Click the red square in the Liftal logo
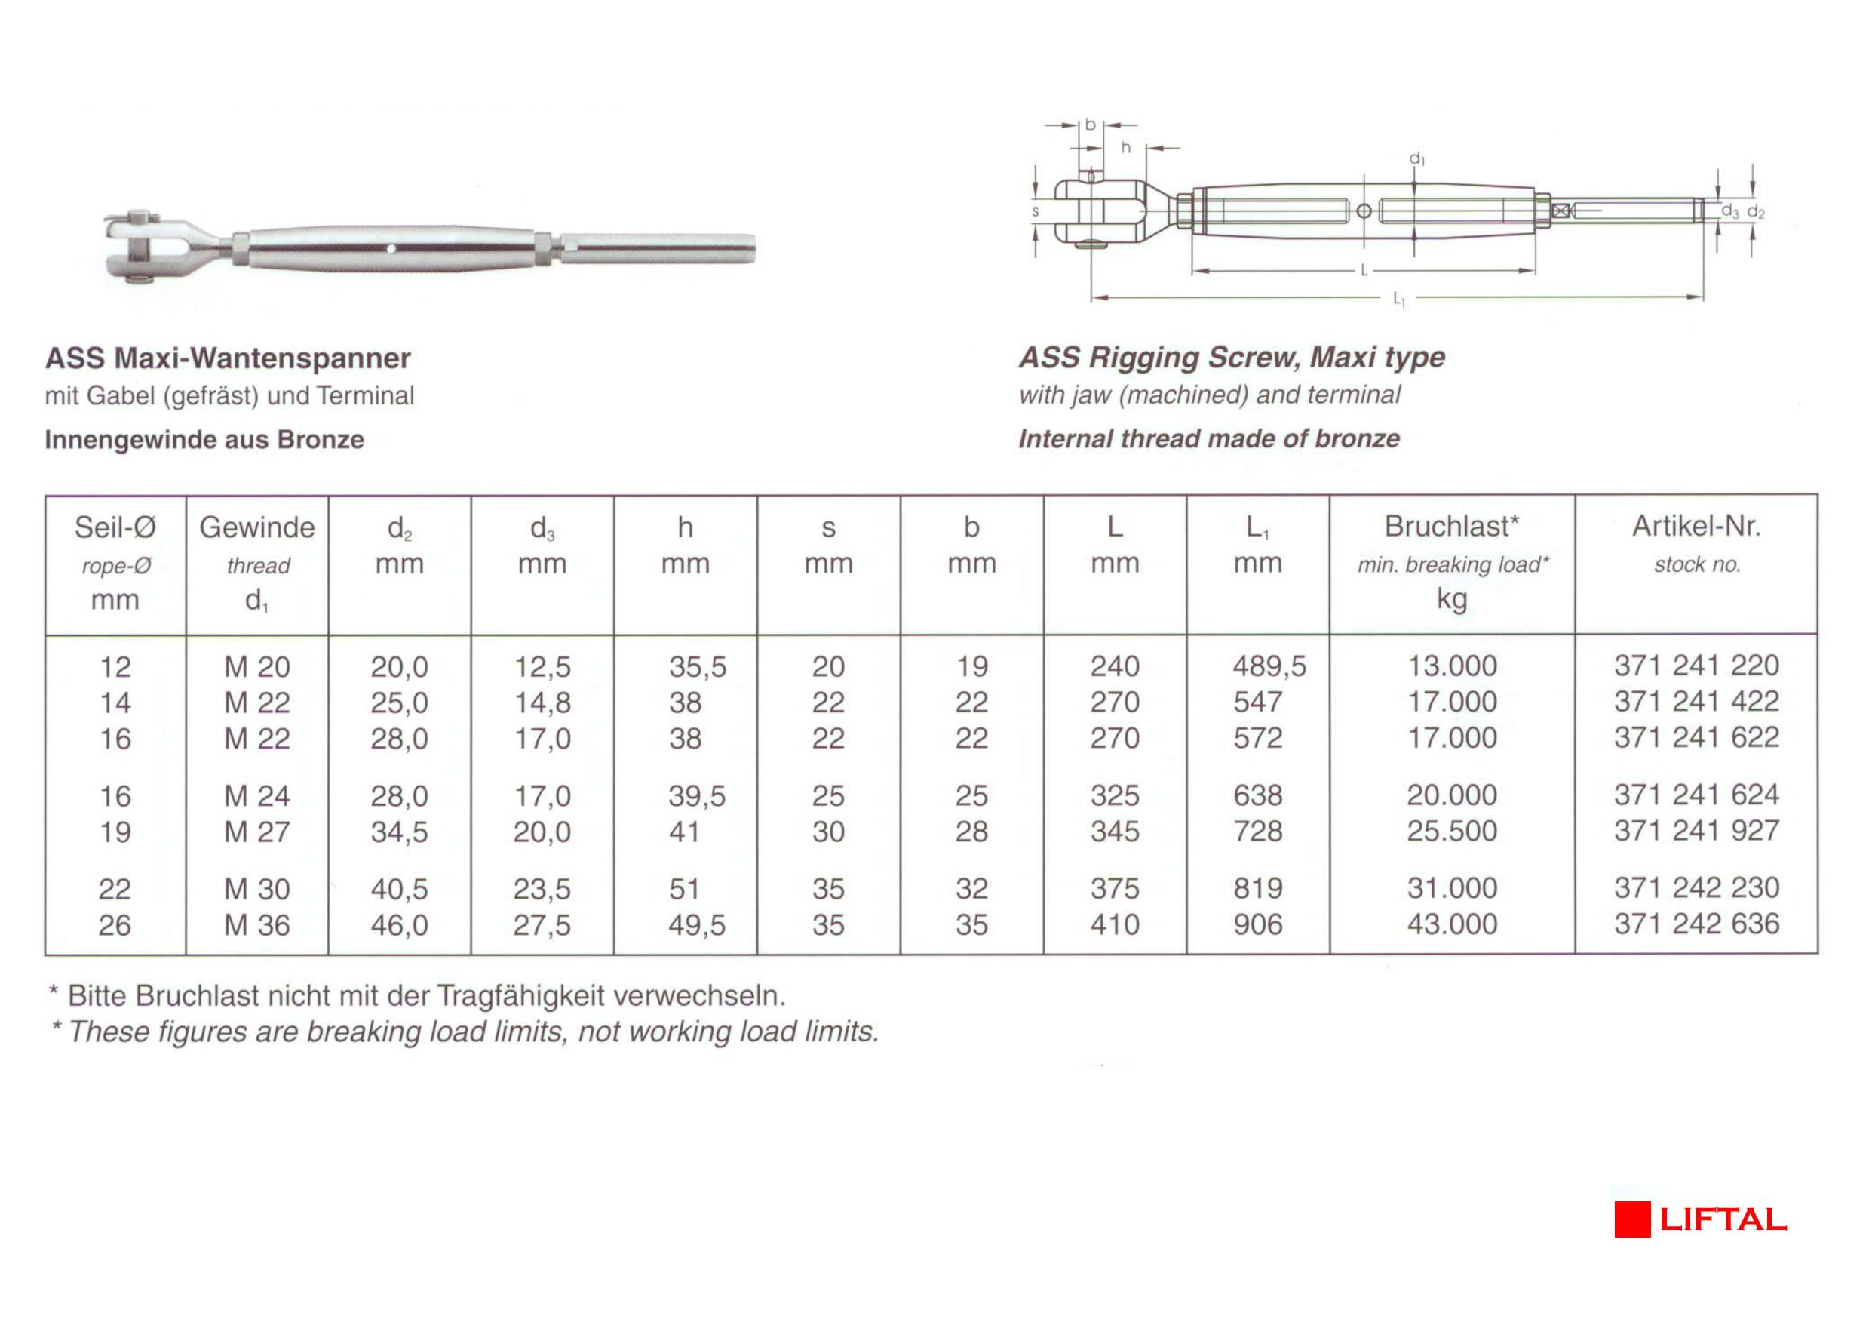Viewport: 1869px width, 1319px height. click(1632, 1219)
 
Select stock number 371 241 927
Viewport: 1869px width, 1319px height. click(1696, 832)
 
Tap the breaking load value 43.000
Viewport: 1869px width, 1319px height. click(1452, 924)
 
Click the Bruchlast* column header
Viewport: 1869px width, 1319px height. click(1452, 527)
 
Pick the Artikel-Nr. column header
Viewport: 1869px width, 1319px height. click(1696, 527)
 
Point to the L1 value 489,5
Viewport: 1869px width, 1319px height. click(1269, 667)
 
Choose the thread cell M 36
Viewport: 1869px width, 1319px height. click(256, 925)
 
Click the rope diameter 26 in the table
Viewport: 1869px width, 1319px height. click(115, 925)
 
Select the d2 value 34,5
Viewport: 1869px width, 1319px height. click(399, 832)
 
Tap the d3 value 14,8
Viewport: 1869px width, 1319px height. click(542, 703)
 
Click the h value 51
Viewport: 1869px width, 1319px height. click(684, 889)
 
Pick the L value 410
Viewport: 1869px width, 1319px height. click(1115, 925)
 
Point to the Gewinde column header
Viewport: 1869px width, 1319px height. click(256, 527)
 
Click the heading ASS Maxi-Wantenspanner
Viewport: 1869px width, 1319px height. click(228, 358)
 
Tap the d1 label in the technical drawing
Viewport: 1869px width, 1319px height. click(1417, 158)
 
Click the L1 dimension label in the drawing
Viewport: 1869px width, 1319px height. click(1398, 300)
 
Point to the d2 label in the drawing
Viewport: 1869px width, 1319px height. click(1755, 213)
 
